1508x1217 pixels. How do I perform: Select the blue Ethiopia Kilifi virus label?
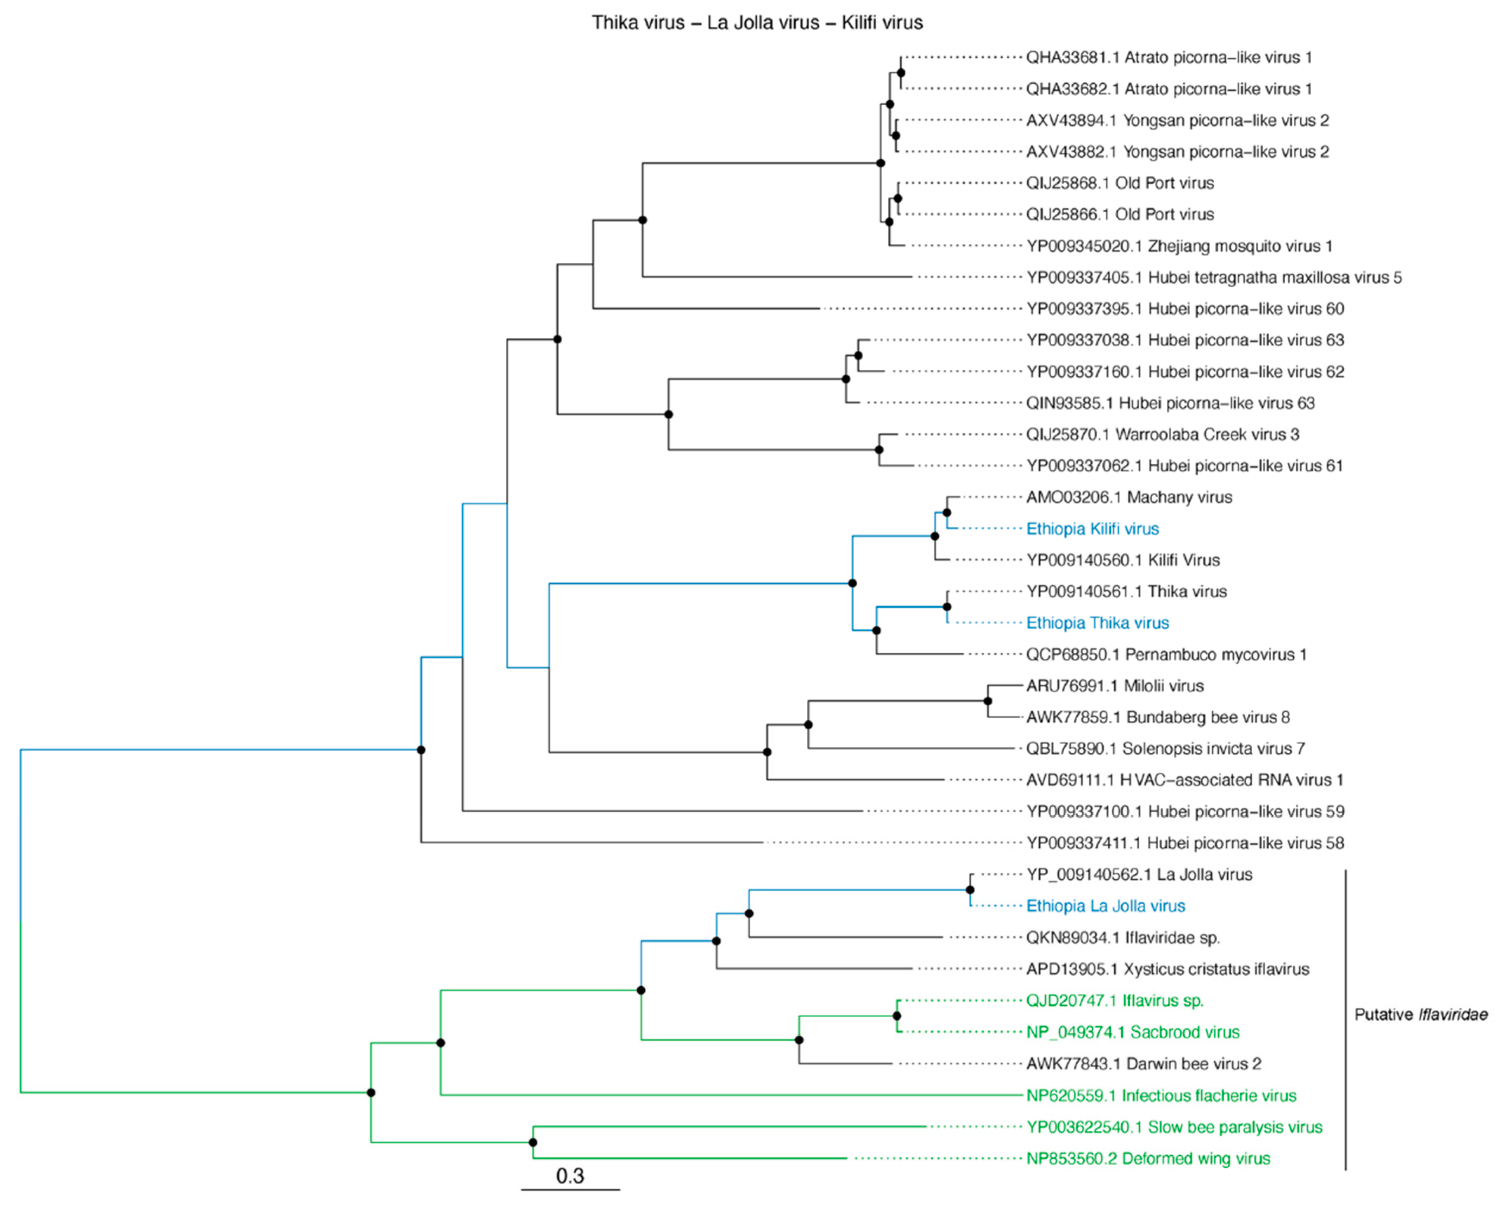pyautogui.click(x=1092, y=528)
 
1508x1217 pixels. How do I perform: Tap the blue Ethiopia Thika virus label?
pyautogui.click(x=1097, y=623)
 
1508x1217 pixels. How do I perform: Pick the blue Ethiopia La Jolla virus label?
pyautogui.click(x=1106, y=906)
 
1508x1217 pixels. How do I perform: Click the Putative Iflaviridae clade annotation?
pyautogui.click(x=1420, y=1014)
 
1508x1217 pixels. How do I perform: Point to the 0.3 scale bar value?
pyautogui.click(x=570, y=1176)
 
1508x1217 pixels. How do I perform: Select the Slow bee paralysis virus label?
pyautogui.click(x=1175, y=1127)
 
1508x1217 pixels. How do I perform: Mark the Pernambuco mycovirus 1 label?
pyautogui.click(x=1166, y=654)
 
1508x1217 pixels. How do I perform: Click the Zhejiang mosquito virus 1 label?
pyautogui.click(x=1179, y=246)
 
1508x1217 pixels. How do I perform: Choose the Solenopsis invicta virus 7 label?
pyautogui.click(x=1165, y=749)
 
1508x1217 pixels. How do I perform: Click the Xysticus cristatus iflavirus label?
pyautogui.click(x=1167, y=969)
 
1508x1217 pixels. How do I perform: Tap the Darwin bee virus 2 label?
pyautogui.click(x=1144, y=1063)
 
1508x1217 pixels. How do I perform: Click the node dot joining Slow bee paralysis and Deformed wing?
pyautogui.click(x=533, y=1143)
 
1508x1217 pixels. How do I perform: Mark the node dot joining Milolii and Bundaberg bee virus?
pyautogui.click(x=988, y=701)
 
